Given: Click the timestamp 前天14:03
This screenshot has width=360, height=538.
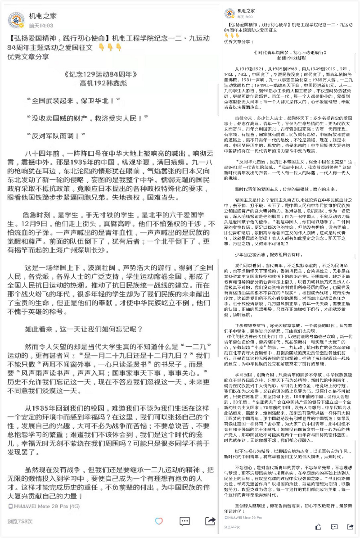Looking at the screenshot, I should pyautogui.click(x=41, y=25).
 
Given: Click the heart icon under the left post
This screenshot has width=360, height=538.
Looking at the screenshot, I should pyautogui.click(x=158, y=521).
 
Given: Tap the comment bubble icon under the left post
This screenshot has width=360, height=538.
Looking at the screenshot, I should pyautogui.click(x=184, y=521).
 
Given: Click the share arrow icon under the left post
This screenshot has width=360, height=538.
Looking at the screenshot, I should pyautogui.click(x=210, y=521).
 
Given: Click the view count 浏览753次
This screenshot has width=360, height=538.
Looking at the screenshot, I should pyautogui.click(x=20, y=521).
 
